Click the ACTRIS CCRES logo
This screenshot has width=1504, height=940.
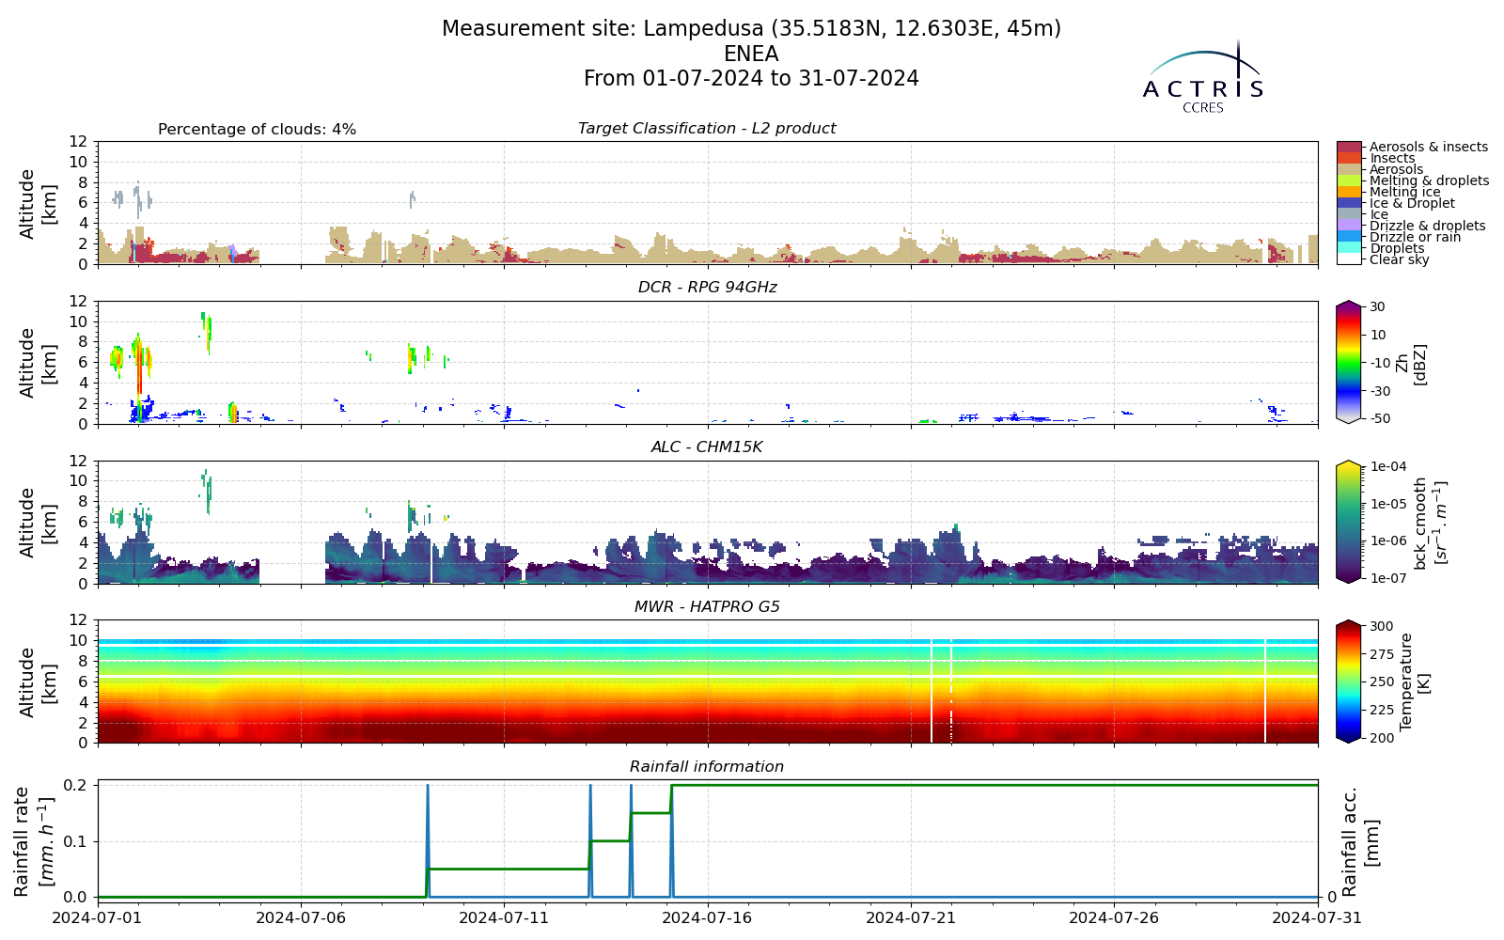pyautogui.click(x=1203, y=78)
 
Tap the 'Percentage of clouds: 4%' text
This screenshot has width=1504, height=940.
pyautogui.click(x=258, y=130)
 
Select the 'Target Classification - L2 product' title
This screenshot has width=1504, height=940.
pyautogui.click(x=707, y=128)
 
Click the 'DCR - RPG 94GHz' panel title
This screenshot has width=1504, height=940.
pyautogui.click(x=707, y=288)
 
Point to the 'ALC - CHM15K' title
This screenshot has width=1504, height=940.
pyautogui.click(x=707, y=447)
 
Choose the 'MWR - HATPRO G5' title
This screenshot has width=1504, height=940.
pyautogui.click(x=707, y=607)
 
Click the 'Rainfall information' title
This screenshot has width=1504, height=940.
pyautogui.click(x=707, y=767)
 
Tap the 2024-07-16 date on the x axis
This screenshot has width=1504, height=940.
pyautogui.click(x=709, y=917)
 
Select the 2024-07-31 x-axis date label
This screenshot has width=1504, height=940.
pyautogui.click(x=1317, y=917)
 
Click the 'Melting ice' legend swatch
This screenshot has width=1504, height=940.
pyautogui.click(x=1349, y=192)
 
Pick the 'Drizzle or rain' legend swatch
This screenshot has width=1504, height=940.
pyautogui.click(x=1349, y=237)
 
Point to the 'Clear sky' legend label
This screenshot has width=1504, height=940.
pyautogui.click(x=1400, y=259)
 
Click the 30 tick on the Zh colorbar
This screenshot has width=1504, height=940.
pyautogui.click(x=1377, y=306)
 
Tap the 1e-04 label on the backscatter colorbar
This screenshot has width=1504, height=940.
pyautogui.click(x=1387, y=466)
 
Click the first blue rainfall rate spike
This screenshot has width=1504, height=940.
pyautogui.click(x=428, y=840)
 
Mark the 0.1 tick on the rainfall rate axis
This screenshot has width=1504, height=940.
pyautogui.click(x=79, y=841)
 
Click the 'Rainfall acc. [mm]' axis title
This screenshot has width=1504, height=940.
pyautogui.click(x=1358, y=841)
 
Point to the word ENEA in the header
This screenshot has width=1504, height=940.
pyautogui.click(x=751, y=54)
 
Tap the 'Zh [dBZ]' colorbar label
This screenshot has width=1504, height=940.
pyautogui.click(x=1411, y=365)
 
